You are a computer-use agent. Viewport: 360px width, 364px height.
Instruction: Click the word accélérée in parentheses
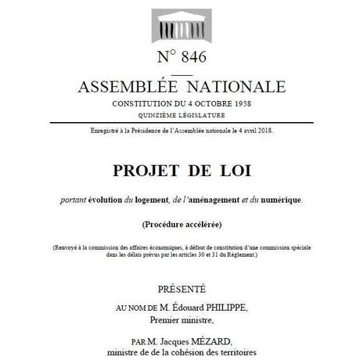pyautogui.click(x=203, y=225)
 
